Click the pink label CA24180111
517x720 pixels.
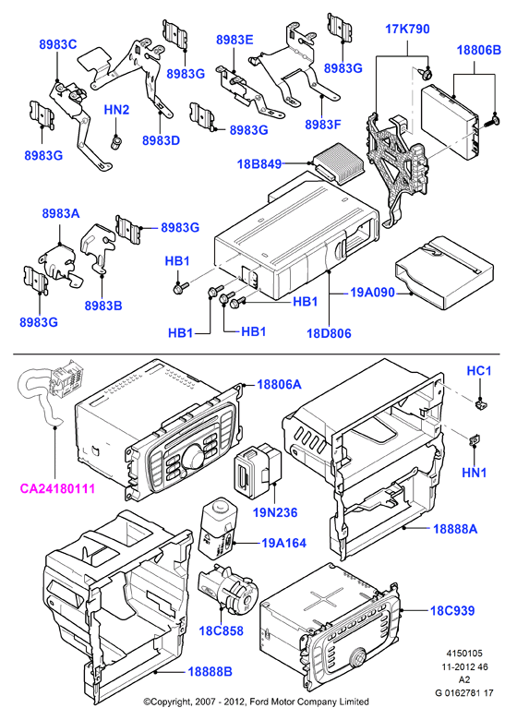pyautogui.click(x=57, y=488)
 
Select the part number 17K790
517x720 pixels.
pyautogui.click(x=407, y=29)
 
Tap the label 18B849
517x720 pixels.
pyautogui.click(x=259, y=163)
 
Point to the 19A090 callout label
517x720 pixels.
pyautogui.click(x=372, y=292)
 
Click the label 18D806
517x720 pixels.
pyautogui.click(x=329, y=333)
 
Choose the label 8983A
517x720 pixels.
pyautogui.click(x=61, y=213)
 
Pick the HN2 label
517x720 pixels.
pyautogui.click(x=116, y=110)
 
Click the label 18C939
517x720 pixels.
pyautogui.click(x=452, y=611)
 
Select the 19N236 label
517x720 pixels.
pyautogui.click(x=275, y=512)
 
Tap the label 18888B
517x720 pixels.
pyautogui.click(x=210, y=672)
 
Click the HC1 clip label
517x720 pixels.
pyautogui.click(x=479, y=370)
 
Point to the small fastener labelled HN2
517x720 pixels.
pyautogui.click(x=115, y=140)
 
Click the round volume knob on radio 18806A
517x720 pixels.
pyautogui.click(x=192, y=457)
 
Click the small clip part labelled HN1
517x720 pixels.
pyautogui.click(x=474, y=441)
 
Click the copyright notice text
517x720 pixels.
pyautogui.click(x=257, y=702)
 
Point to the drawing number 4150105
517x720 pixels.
pyautogui.click(x=464, y=654)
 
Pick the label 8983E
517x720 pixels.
pyautogui.click(x=234, y=40)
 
